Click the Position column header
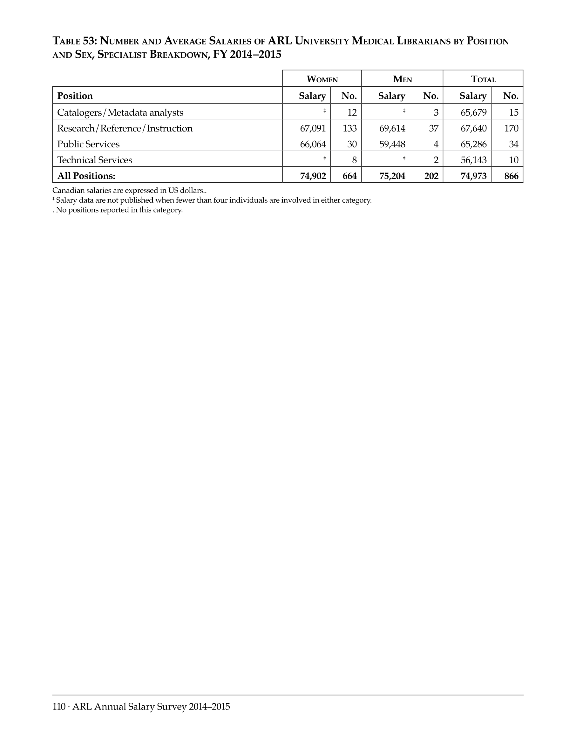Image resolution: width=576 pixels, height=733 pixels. point(75,96)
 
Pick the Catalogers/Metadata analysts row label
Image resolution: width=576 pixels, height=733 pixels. point(120,112)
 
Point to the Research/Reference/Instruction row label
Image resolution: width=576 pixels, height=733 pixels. point(125,128)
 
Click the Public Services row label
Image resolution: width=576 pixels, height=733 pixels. point(88,144)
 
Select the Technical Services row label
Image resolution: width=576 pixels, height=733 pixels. point(95,160)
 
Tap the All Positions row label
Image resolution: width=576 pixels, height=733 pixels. point(86,176)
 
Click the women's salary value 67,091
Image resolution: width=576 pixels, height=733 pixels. point(313,128)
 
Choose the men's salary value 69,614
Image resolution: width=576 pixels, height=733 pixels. point(392,128)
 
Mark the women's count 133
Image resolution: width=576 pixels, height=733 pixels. point(349,128)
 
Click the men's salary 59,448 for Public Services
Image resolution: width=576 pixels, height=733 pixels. point(392,144)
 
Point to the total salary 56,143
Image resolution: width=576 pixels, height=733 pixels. point(473,160)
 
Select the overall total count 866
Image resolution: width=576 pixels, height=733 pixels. point(511,176)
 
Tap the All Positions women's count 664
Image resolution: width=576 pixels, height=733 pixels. point(349,176)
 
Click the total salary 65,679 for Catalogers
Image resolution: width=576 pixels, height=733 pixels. point(473,112)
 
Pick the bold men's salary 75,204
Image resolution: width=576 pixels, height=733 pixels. point(392,176)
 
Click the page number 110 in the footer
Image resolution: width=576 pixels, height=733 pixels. point(59,706)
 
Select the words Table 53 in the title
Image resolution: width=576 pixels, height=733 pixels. point(75,41)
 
